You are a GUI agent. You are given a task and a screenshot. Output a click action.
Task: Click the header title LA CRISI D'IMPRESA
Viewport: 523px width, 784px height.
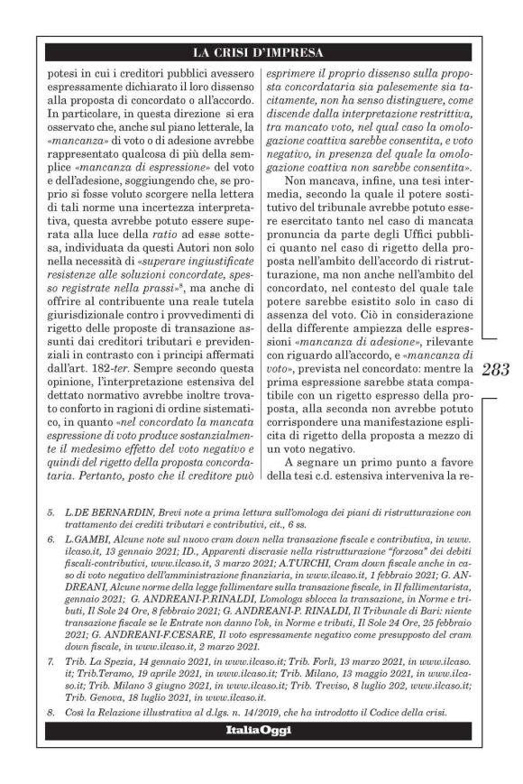(x=261, y=52)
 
